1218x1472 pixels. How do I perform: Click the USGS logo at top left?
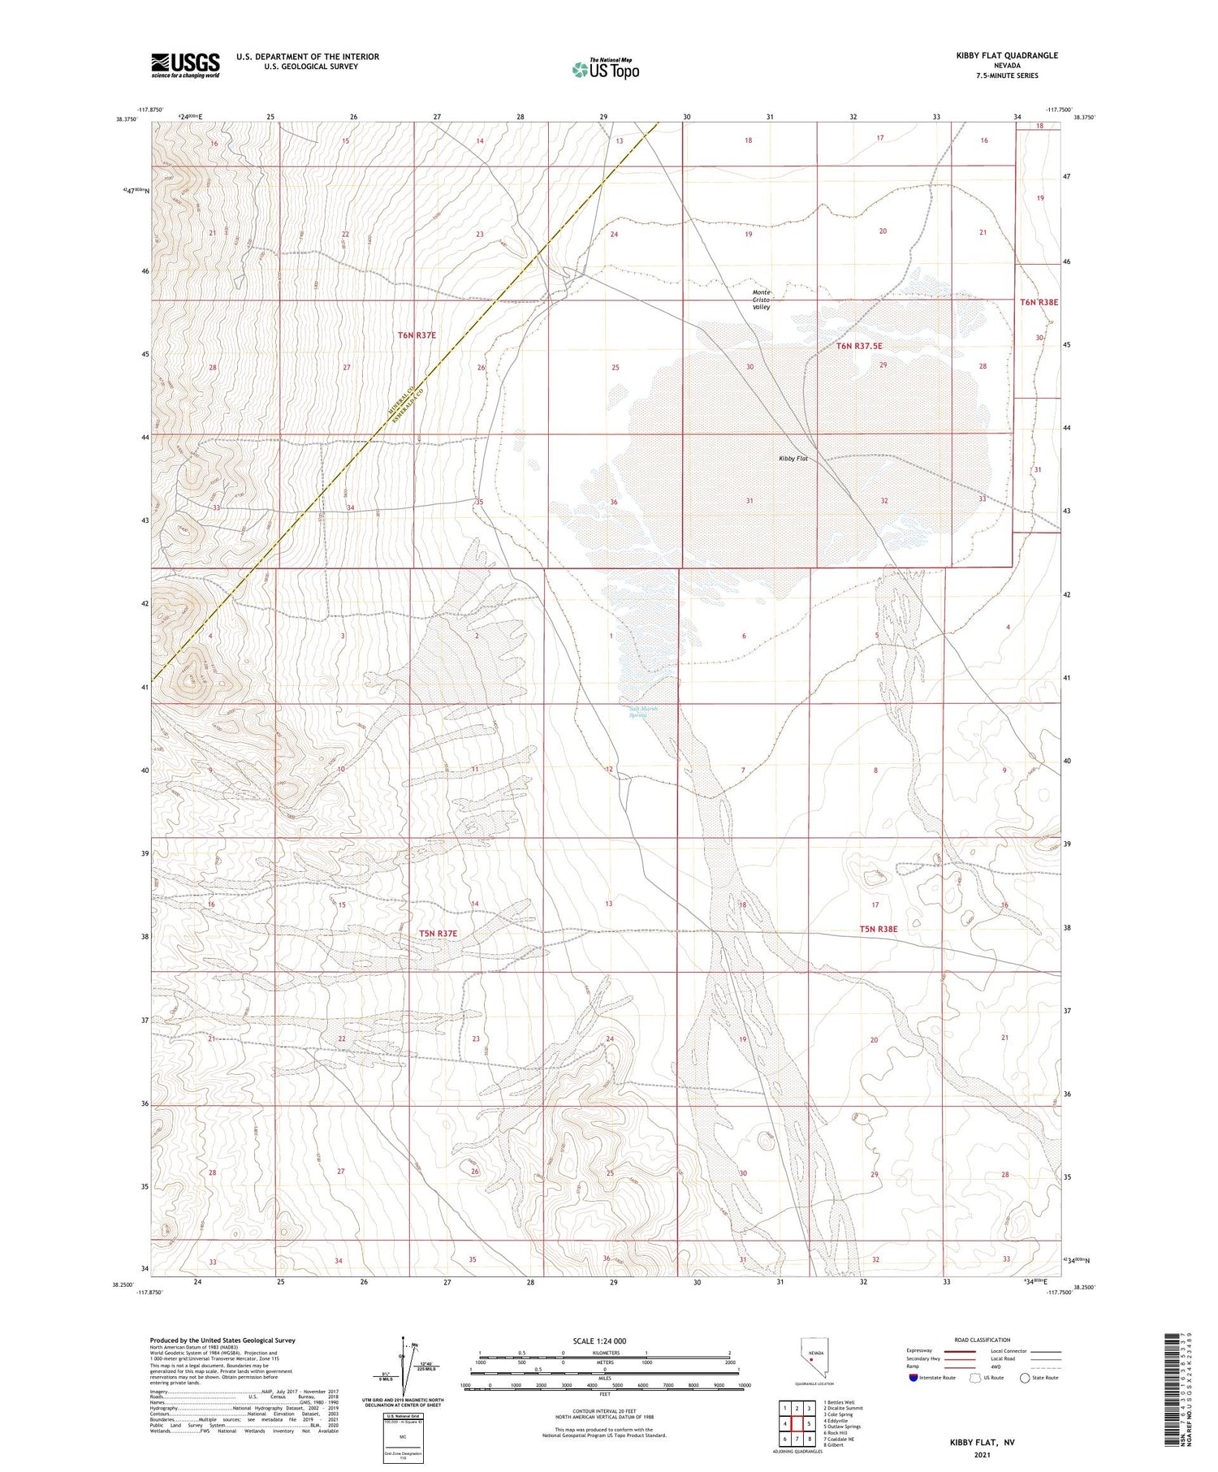tap(185, 65)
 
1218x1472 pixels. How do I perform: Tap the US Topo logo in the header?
tap(606, 69)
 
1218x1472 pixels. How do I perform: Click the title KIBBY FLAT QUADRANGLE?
tap(1007, 55)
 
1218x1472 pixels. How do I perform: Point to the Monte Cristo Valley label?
tap(761, 300)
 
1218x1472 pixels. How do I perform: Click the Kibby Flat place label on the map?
tap(793, 459)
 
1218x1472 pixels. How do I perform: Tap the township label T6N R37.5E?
tap(859, 346)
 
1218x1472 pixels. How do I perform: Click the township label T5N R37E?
tap(438, 934)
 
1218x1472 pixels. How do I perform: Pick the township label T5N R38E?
tap(879, 928)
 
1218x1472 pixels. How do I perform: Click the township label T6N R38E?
tap(1039, 302)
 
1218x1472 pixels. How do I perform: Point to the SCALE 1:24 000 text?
tap(599, 1340)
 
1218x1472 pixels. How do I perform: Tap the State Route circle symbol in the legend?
tap(1025, 1378)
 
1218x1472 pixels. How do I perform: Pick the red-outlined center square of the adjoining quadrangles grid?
tap(797, 1423)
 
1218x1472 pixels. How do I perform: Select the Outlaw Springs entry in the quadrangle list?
tap(842, 1426)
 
